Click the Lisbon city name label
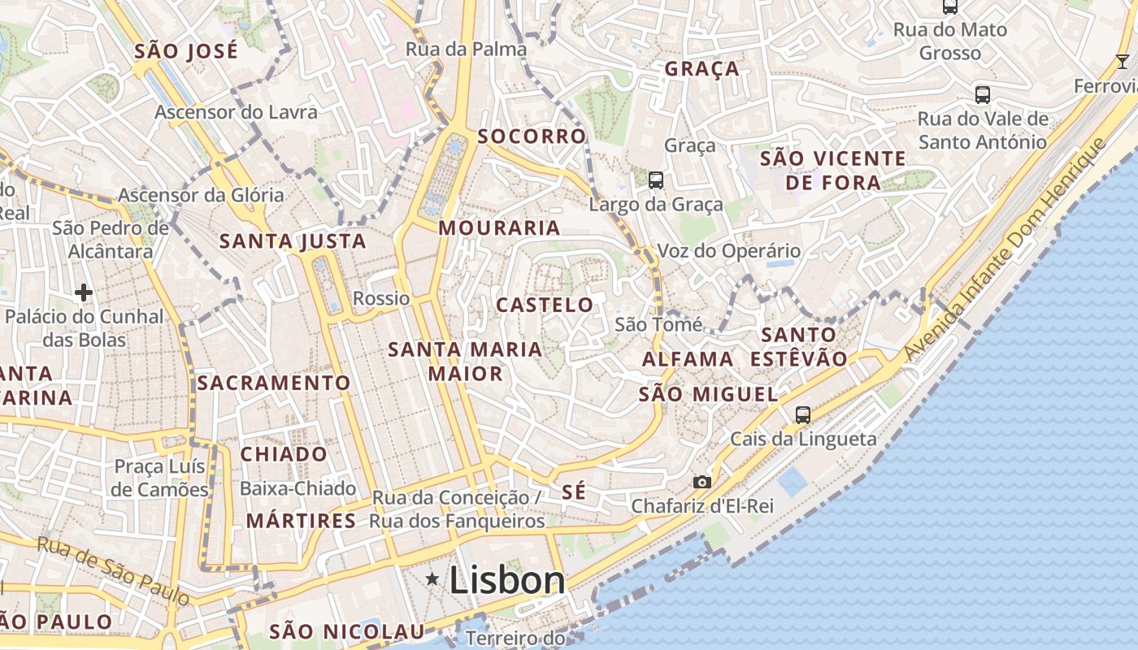tap(507, 580)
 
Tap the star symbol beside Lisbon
tap(432, 578)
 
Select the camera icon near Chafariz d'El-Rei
tap(702, 483)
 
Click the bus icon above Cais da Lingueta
tap(803, 414)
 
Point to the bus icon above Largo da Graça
tap(655, 180)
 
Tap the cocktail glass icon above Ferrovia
tap(1123, 62)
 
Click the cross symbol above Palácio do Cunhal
tap(84, 292)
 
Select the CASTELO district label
tap(545, 305)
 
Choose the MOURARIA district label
tap(499, 228)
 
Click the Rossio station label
tap(381, 298)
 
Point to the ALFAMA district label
tap(688, 359)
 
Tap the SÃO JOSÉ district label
tap(186, 51)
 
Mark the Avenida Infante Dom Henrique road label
tap(1006, 250)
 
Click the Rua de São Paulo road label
tap(115, 571)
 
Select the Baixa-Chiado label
tap(298, 488)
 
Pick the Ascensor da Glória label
tap(201, 195)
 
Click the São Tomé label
tap(658, 325)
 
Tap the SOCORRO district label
tap(532, 136)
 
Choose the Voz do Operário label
tap(728, 251)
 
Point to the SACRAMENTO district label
tap(274, 383)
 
